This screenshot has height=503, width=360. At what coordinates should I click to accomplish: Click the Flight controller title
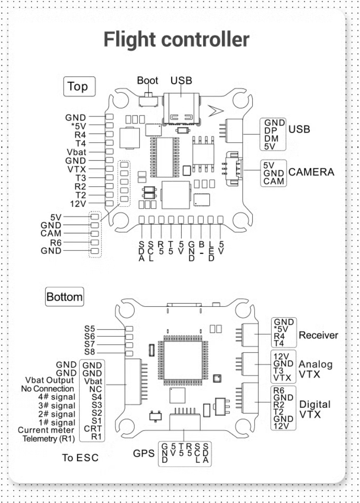tap(177, 39)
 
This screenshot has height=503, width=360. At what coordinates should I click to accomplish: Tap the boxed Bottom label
tap(64, 297)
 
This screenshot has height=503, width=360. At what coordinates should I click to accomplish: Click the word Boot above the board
tap(148, 81)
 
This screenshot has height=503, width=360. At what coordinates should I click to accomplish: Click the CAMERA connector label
tap(311, 172)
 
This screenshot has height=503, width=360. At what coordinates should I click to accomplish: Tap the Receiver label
tap(318, 335)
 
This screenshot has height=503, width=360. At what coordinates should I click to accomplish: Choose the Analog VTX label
tap(316, 369)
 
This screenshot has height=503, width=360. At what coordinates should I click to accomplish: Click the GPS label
tap(144, 454)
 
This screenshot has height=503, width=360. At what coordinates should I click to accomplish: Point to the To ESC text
tap(80, 458)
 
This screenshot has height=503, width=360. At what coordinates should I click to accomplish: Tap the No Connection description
tap(48, 389)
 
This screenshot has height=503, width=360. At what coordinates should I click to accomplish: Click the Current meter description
tap(46, 430)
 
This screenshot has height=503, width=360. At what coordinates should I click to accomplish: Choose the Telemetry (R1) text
tap(48, 438)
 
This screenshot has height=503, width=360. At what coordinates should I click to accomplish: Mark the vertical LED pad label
tap(211, 251)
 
